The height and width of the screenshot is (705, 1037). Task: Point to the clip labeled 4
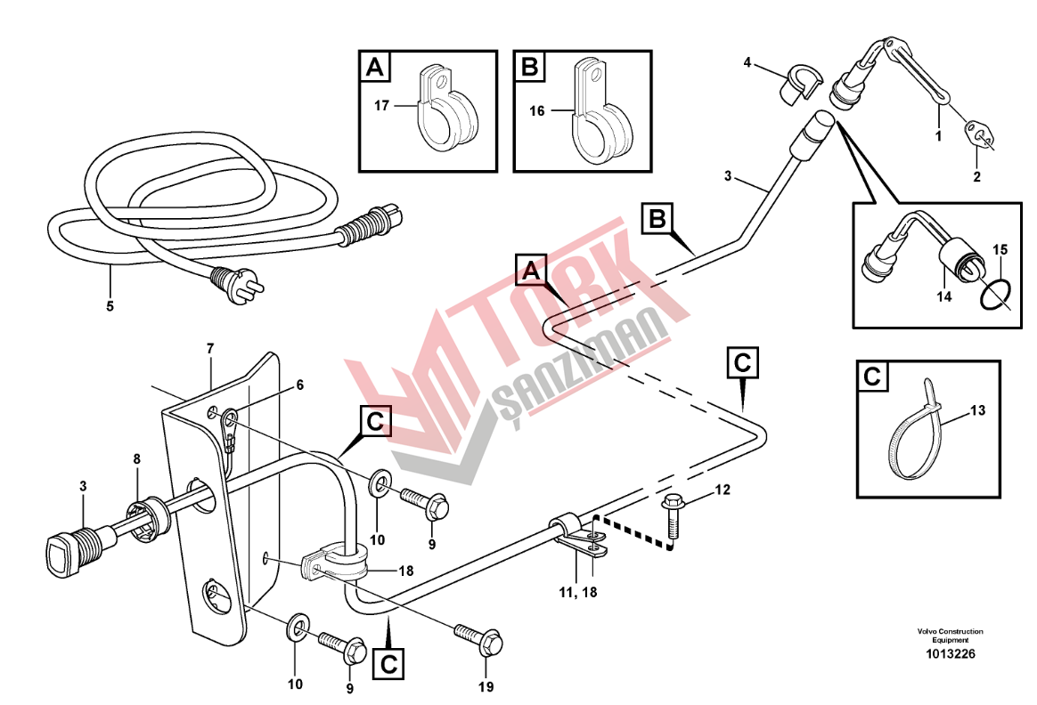tap(798, 84)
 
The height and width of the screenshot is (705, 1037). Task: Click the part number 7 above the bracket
tap(210, 347)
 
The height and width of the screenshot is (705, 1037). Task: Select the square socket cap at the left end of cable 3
tap(63, 550)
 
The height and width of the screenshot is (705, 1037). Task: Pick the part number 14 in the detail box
tap(943, 296)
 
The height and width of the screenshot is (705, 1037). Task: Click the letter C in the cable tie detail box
tap(872, 377)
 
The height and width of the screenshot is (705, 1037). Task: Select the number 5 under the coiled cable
tap(110, 306)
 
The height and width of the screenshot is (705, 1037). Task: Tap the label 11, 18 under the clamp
tap(577, 592)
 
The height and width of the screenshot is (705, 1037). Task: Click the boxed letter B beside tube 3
tap(657, 218)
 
